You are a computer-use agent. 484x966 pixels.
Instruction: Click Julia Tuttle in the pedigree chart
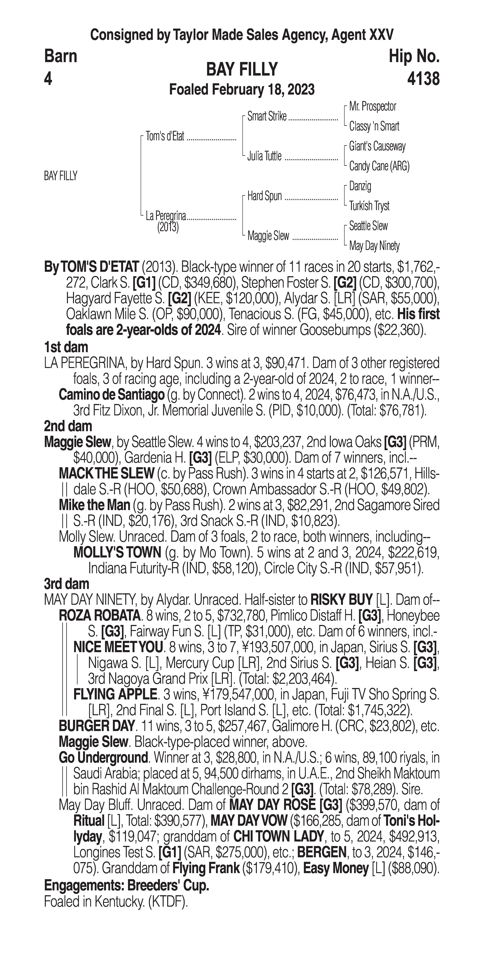[x=264, y=156]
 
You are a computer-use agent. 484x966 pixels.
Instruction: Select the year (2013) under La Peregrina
[x=168, y=227]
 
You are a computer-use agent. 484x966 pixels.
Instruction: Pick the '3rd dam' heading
[x=66, y=584]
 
